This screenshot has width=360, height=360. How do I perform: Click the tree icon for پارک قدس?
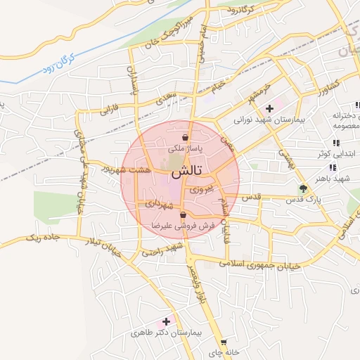pos(303,188)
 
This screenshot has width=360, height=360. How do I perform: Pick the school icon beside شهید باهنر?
pos(332,167)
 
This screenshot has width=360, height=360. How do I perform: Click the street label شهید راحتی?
pos(163,248)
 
